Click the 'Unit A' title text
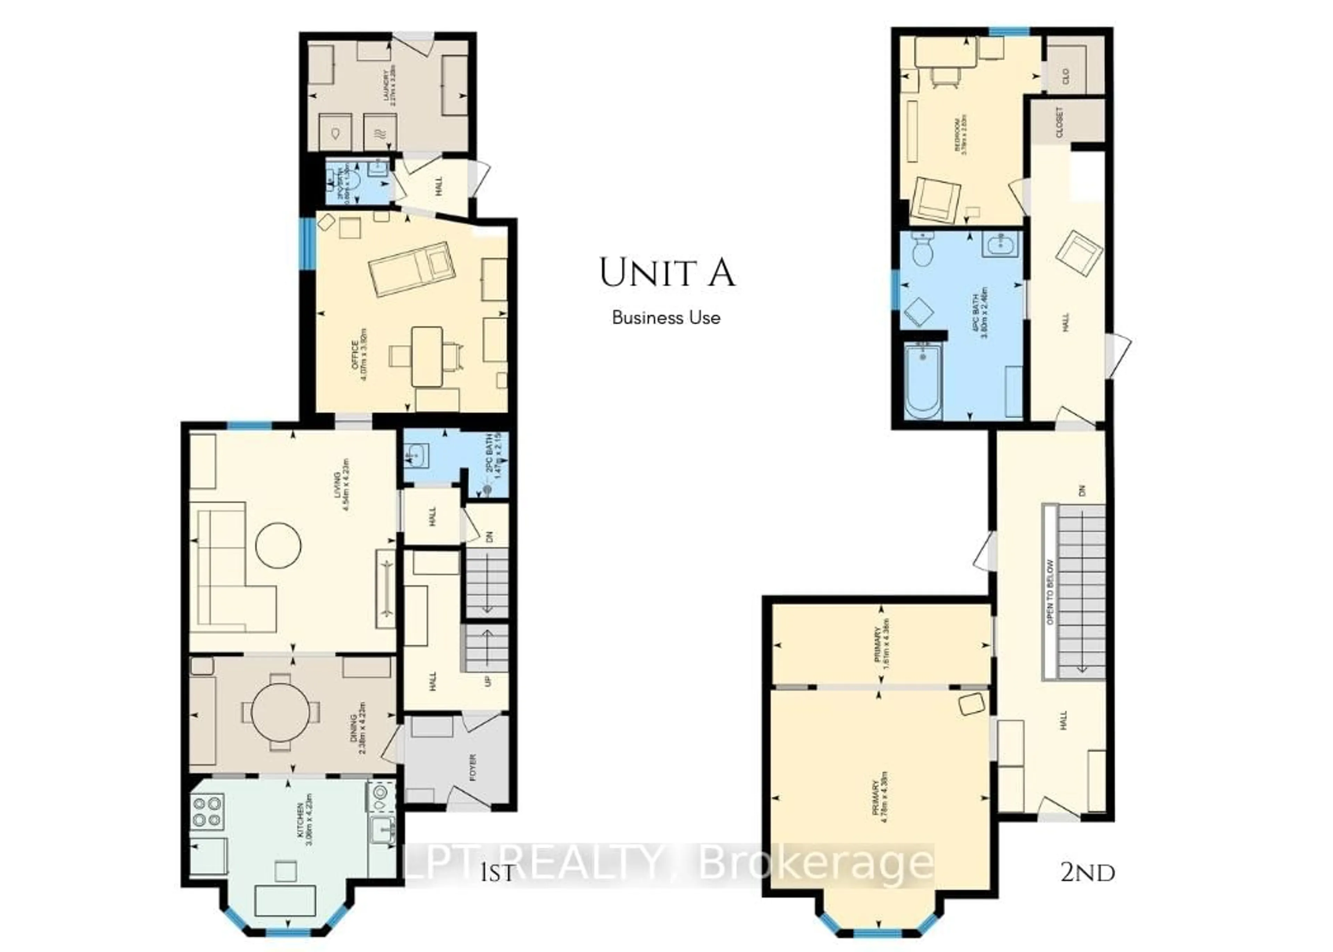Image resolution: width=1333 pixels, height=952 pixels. point(667,273)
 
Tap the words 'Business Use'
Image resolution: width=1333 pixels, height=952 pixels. point(666,318)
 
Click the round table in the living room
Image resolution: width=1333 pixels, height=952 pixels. point(278,545)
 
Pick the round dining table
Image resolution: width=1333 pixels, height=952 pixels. point(280,712)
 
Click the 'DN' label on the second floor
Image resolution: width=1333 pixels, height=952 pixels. point(1082,490)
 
